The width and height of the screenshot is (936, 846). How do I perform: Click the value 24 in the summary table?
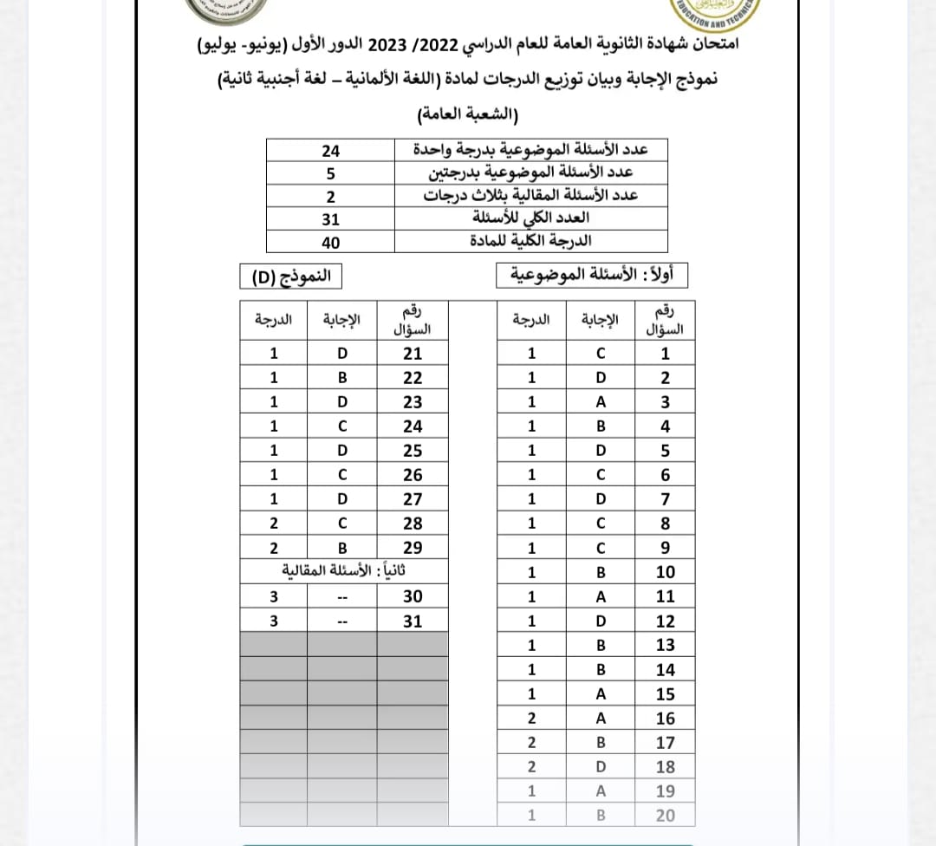[330, 150]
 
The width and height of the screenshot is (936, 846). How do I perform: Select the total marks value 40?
[330, 243]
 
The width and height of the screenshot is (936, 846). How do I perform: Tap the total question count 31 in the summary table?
[330, 219]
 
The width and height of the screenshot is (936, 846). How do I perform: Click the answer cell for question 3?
[600, 402]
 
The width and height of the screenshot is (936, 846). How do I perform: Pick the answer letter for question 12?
[600, 621]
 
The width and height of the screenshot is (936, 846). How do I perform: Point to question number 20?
[665, 815]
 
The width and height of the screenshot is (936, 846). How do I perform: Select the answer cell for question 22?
[342, 378]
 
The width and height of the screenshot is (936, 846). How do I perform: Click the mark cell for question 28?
[274, 524]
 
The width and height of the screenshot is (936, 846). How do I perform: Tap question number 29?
[413, 548]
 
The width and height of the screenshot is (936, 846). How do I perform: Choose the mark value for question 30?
[274, 596]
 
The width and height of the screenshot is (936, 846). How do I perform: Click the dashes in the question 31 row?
[342, 621]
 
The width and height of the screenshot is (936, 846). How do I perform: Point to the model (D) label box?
[291, 277]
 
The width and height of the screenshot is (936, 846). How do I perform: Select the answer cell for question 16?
[600, 718]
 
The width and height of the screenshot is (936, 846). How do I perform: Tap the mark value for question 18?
[531, 766]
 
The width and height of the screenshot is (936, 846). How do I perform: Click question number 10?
[665, 572]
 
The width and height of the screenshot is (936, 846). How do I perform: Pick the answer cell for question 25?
[342, 451]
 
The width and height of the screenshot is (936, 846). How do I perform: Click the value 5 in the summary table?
[330, 172]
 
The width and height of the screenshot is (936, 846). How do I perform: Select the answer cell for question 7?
[600, 499]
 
